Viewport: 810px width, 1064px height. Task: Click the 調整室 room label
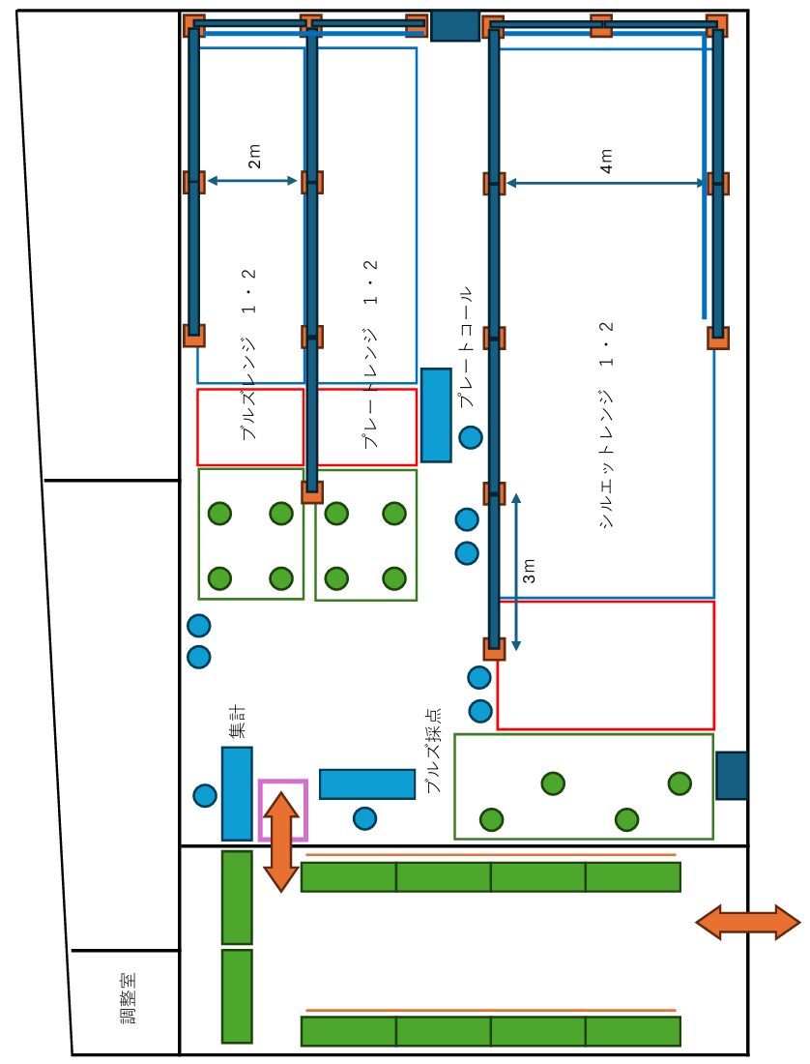tap(129, 997)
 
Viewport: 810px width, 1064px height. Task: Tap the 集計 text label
tap(237, 722)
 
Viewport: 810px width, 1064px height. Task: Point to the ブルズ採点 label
tap(433, 751)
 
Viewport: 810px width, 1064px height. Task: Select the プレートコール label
tap(466, 346)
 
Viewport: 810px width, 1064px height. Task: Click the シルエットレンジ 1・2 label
tap(606, 425)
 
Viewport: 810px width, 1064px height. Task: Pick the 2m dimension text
tap(253, 156)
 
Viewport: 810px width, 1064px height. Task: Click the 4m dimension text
tap(606, 161)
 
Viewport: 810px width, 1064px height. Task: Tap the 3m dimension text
tap(529, 571)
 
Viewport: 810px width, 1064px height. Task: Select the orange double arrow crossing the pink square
tap(281, 842)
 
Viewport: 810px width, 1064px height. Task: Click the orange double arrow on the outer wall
tap(748, 922)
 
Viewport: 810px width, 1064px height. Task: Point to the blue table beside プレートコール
tap(436, 415)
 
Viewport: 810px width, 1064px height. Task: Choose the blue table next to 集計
tap(237, 793)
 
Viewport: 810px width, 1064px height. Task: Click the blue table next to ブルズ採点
tap(367, 784)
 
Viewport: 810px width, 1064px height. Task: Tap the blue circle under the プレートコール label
tap(471, 437)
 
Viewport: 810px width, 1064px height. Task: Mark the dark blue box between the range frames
tap(455, 26)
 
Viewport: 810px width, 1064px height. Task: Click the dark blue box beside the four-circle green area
tap(732, 776)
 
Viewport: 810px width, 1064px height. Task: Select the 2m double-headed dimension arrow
tap(252, 181)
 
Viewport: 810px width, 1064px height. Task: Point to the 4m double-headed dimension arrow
tap(606, 183)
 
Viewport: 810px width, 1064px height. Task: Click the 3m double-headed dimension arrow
tap(516, 572)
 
